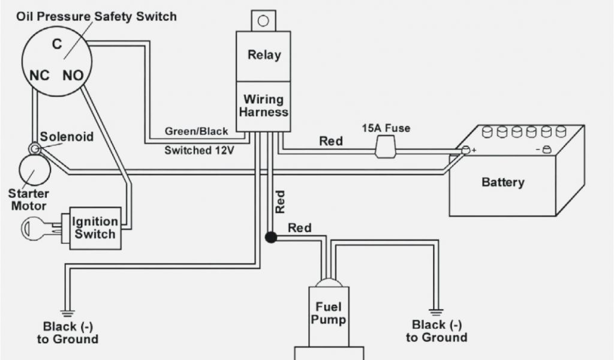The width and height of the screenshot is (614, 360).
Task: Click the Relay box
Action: tap(264, 55)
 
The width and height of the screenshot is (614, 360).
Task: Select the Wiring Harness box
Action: tap(264, 106)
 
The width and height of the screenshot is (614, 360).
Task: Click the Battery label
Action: tap(502, 182)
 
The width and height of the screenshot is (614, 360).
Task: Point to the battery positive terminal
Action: tap(466, 151)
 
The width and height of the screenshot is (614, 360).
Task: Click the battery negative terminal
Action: tap(546, 151)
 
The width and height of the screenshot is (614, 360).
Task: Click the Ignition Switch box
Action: tap(95, 227)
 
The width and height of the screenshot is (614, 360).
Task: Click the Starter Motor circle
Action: tap(34, 170)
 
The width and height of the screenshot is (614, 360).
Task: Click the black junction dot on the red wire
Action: tap(271, 237)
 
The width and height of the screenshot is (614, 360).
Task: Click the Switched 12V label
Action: tap(199, 151)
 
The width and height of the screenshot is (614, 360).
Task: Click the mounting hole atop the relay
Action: tap(263, 21)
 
